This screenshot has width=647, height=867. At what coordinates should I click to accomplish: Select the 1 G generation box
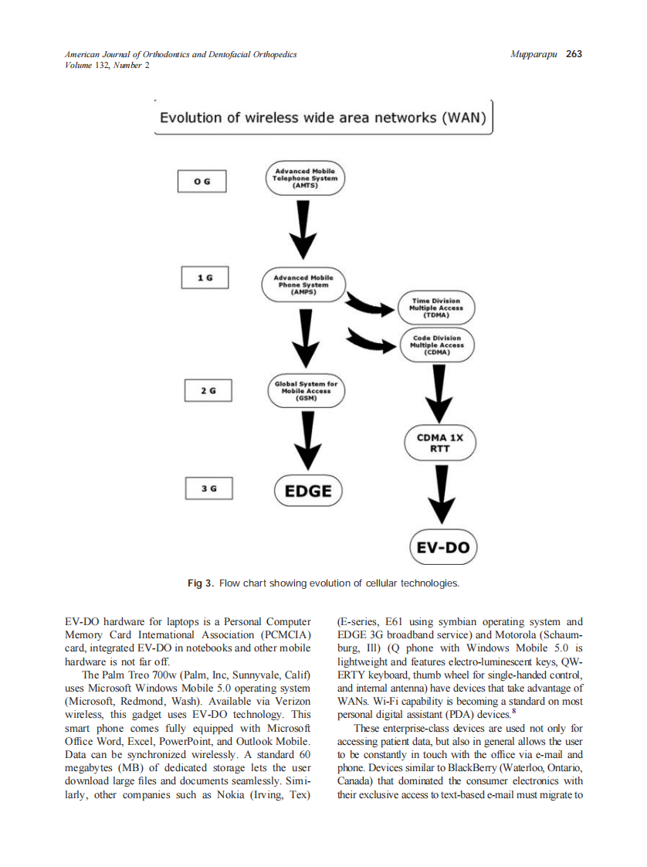coord(205,277)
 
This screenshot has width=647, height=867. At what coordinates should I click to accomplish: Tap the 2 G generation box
coord(208,391)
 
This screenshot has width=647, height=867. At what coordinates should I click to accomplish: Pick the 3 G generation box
coord(209,488)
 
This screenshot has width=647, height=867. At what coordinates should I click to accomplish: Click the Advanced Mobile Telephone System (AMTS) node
coord(305,178)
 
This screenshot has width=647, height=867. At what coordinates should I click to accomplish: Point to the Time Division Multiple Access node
coord(436,308)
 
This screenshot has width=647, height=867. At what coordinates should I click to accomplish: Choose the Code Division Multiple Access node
coord(437,345)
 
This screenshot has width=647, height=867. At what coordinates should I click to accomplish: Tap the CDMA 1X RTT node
coord(439,443)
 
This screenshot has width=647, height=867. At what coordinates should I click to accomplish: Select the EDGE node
coord(308,491)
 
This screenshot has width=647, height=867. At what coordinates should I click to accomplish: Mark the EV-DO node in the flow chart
coord(443,547)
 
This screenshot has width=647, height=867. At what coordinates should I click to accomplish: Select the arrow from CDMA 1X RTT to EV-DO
coord(441,495)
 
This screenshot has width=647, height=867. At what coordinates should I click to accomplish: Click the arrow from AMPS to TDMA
coord(370,307)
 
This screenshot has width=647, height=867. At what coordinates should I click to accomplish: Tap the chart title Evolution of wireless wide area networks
coord(323,118)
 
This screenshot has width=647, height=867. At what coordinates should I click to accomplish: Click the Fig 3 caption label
coord(200,583)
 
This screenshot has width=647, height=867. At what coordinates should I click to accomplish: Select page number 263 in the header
coord(574,54)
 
